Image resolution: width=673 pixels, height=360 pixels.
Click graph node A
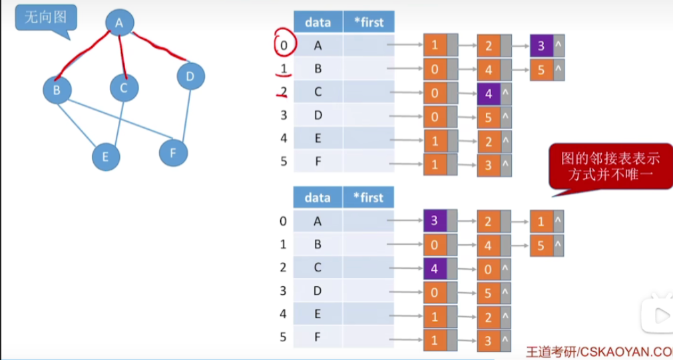[119, 23]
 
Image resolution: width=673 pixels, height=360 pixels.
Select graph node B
[57, 90]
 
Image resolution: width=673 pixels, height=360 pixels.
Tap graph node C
[124, 87]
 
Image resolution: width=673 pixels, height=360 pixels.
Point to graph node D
[190, 77]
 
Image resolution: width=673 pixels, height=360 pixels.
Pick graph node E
[106, 157]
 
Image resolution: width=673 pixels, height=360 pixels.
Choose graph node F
[173, 153]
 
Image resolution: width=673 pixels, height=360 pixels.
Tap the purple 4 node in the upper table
[489, 93]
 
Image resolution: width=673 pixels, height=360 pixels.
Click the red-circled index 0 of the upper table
[283, 45]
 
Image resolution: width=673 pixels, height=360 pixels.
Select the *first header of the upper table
[368, 22]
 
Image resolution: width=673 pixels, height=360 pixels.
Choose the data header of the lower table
[318, 198]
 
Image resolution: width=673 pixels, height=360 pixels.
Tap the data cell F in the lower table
[318, 337]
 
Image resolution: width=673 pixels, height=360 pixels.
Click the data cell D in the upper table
[318, 116]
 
